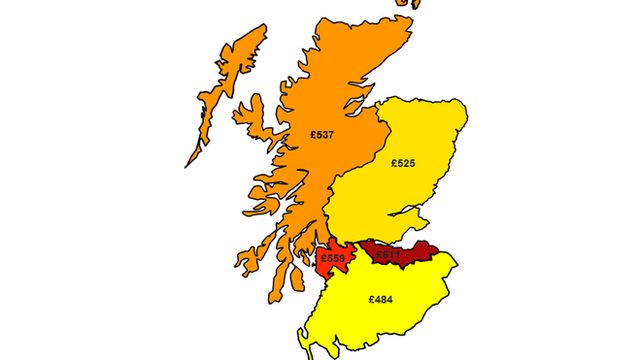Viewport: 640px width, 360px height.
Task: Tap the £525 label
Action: click(x=403, y=162)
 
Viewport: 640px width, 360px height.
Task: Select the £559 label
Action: click(x=333, y=259)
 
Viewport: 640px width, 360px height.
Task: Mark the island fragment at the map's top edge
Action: click(x=414, y=4)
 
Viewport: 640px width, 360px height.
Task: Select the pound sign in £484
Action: click(x=371, y=299)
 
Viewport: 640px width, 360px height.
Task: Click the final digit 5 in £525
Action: click(x=413, y=162)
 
